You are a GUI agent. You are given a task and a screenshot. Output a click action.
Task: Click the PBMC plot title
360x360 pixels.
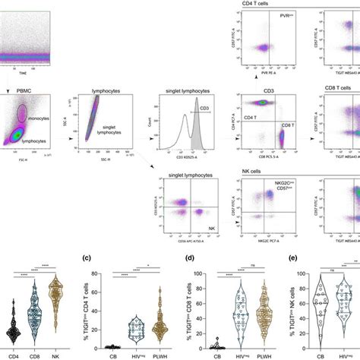coord(13,90)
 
